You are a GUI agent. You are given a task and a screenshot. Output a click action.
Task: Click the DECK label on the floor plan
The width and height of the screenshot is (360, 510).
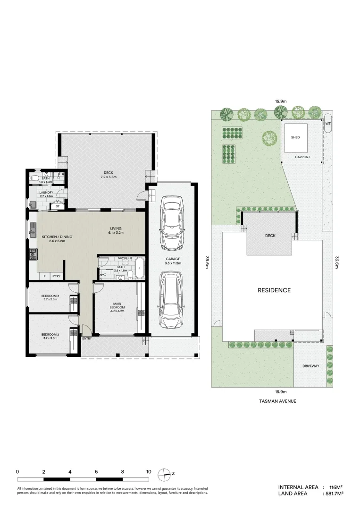click(106, 172)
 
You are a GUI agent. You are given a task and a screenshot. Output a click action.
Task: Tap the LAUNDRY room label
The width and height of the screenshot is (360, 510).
click(46, 193)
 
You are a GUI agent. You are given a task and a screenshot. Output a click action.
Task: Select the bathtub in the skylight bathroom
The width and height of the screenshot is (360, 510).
click(139, 267)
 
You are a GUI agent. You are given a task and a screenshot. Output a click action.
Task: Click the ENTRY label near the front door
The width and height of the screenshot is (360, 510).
click(87, 339)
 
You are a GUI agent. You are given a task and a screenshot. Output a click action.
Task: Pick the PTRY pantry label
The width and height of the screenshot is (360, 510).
click(57, 276)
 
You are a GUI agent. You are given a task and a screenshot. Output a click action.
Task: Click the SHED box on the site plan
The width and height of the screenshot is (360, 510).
click(296, 137)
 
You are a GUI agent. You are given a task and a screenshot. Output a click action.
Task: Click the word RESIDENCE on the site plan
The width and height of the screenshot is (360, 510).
click(274, 290)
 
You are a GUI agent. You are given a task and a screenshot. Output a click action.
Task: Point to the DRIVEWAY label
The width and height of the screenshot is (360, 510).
click(311, 366)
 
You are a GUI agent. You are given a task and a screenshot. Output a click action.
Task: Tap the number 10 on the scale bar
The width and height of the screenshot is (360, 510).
click(149, 471)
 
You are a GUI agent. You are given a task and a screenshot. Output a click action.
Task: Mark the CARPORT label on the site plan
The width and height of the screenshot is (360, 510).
click(302, 156)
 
